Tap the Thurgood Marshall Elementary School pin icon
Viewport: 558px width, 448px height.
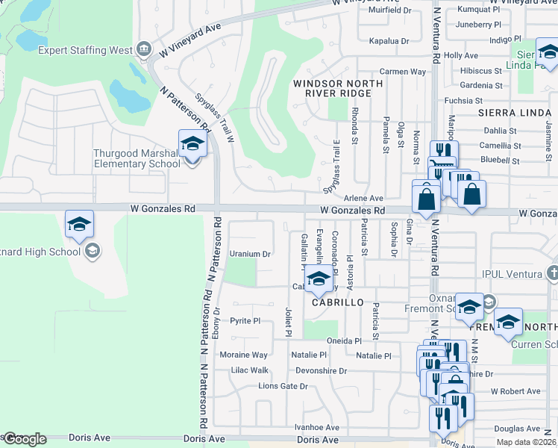192,144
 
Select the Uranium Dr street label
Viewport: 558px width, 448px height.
249,254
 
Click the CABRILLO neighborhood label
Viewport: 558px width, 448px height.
337,302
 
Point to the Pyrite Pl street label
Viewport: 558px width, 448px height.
245,321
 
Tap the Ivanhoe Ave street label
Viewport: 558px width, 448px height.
316,427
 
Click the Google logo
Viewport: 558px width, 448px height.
24,439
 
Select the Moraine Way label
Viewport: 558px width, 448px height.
243,355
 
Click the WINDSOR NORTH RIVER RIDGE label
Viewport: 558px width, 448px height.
332,88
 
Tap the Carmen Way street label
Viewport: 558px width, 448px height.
402,72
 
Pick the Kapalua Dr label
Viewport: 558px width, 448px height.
384,40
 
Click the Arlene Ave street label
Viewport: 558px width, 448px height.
363,198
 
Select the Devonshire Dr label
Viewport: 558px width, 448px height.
322,370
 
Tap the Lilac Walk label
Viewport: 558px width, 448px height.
248,370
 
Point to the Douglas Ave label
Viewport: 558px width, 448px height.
517,429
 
